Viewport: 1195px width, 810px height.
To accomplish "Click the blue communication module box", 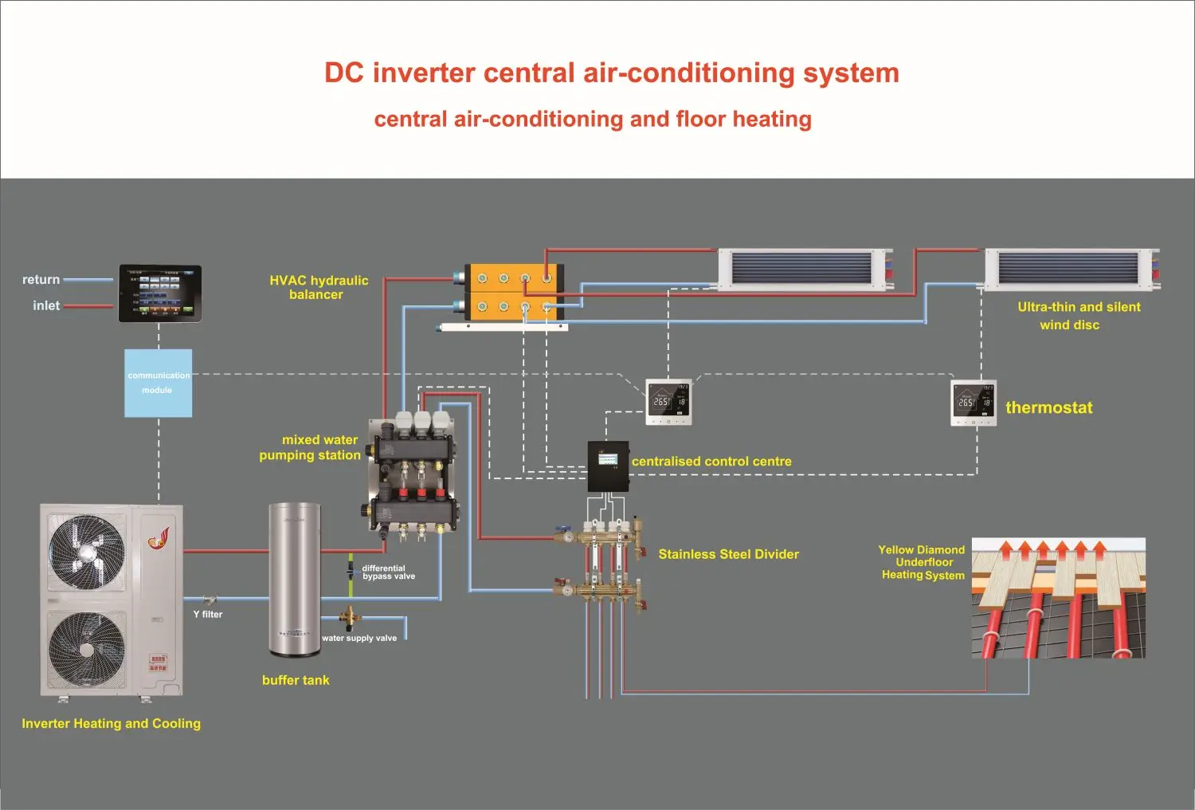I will (x=158, y=383).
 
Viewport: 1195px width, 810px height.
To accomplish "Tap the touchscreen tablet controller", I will (x=160, y=293).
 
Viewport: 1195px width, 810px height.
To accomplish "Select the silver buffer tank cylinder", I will (x=294, y=578).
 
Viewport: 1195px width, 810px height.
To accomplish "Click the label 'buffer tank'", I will (x=296, y=680).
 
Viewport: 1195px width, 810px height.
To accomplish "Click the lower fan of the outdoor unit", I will (x=87, y=650).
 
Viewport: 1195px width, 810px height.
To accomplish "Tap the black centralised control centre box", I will (x=608, y=466).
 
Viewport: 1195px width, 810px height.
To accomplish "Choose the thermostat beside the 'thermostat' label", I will (x=974, y=403).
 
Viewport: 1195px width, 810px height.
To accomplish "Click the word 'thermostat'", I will (x=1048, y=407).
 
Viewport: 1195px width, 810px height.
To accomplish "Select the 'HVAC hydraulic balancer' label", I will (x=319, y=287).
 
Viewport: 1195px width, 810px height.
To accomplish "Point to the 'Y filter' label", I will (x=208, y=615).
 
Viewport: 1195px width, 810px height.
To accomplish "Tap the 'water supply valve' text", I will (x=359, y=638).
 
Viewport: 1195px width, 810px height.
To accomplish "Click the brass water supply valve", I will (x=348, y=616).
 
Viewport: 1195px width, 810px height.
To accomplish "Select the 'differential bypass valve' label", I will (x=388, y=572).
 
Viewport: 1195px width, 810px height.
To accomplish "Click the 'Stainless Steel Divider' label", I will (x=728, y=554).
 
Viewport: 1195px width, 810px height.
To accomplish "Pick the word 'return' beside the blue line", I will (x=41, y=280).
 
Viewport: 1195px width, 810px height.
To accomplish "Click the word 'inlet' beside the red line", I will (x=46, y=305).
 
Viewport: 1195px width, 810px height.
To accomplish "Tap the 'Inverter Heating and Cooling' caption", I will (x=112, y=724).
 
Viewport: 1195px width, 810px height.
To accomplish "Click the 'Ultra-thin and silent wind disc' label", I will (x=1078, y=316).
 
